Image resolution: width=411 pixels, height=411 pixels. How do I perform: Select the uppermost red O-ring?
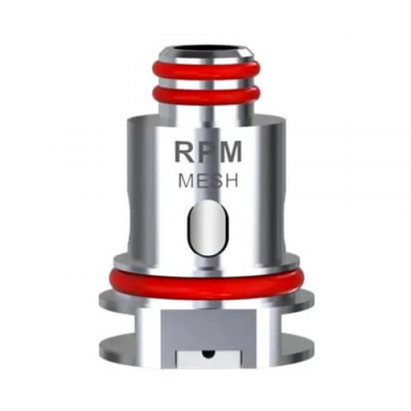[x=206, y=71]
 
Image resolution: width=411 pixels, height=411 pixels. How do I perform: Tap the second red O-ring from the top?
[x=206, y=95]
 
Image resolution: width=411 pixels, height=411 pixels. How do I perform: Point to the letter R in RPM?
[x=185, y=152]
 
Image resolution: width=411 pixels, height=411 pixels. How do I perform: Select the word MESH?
[x=208, y=182]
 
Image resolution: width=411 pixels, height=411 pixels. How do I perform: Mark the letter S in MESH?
[x=216, y=182]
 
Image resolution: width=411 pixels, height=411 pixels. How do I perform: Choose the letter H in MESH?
[x=231, y=182]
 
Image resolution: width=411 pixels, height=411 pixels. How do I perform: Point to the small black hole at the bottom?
[x=206, y=354]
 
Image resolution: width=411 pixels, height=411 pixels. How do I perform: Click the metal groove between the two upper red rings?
[x=206, y=83]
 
